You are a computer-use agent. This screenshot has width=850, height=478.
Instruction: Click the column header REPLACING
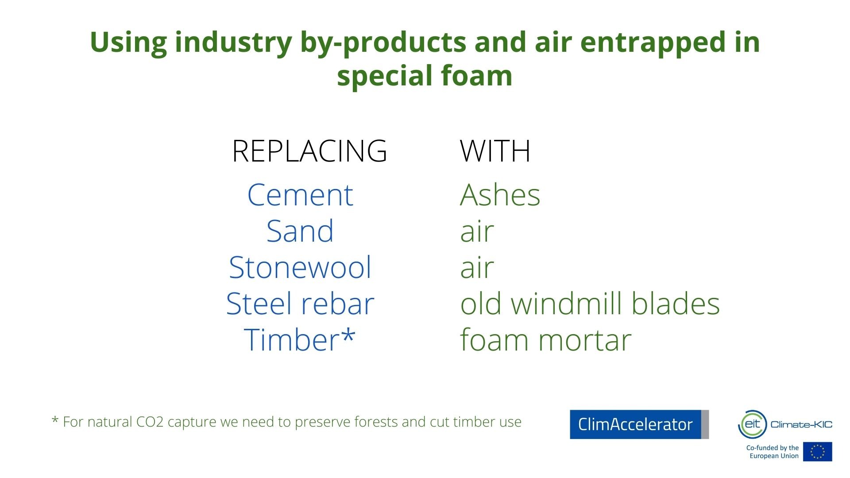[309, 151]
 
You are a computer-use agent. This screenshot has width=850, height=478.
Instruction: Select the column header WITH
[495, 151]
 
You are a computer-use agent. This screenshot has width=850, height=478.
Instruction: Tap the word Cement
[300, 195]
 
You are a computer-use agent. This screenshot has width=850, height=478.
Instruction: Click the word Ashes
[500, 195]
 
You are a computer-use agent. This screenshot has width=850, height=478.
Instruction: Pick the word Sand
[300, 231]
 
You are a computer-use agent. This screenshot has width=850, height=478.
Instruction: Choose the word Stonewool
[300, 267]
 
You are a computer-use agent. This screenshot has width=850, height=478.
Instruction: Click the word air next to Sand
[477, 232]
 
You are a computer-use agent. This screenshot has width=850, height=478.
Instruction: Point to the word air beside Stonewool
[477, 268]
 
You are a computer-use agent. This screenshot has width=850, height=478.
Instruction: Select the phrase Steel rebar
[300, 304]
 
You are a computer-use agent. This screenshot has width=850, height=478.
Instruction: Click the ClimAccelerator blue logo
[639, 424]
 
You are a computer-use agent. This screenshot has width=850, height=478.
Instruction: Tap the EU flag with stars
[818, 451]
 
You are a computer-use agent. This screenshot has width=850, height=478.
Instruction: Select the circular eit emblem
[752, 424]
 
